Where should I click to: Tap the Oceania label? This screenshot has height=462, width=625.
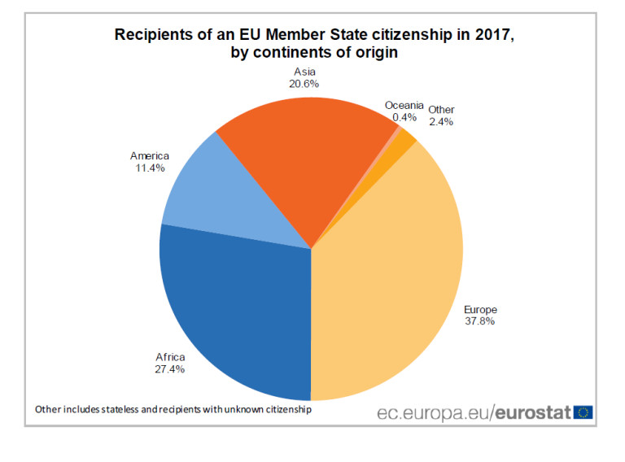(x=404, y=105)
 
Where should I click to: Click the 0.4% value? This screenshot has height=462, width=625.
(x=404, y=117)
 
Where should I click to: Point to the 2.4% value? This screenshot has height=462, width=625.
(x=441, y=122)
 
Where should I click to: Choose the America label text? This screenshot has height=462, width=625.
(x=150, y=156)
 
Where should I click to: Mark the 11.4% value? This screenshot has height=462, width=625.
(x=150, y=168)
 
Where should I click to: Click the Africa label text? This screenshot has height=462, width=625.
(x=170, y=357)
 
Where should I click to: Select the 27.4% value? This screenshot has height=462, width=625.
(x=170, y=369)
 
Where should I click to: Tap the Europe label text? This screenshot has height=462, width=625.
(x=480, y=309)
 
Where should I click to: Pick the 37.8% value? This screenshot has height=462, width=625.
(x=480, y=321)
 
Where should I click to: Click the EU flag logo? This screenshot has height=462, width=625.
(x=583, y=412)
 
